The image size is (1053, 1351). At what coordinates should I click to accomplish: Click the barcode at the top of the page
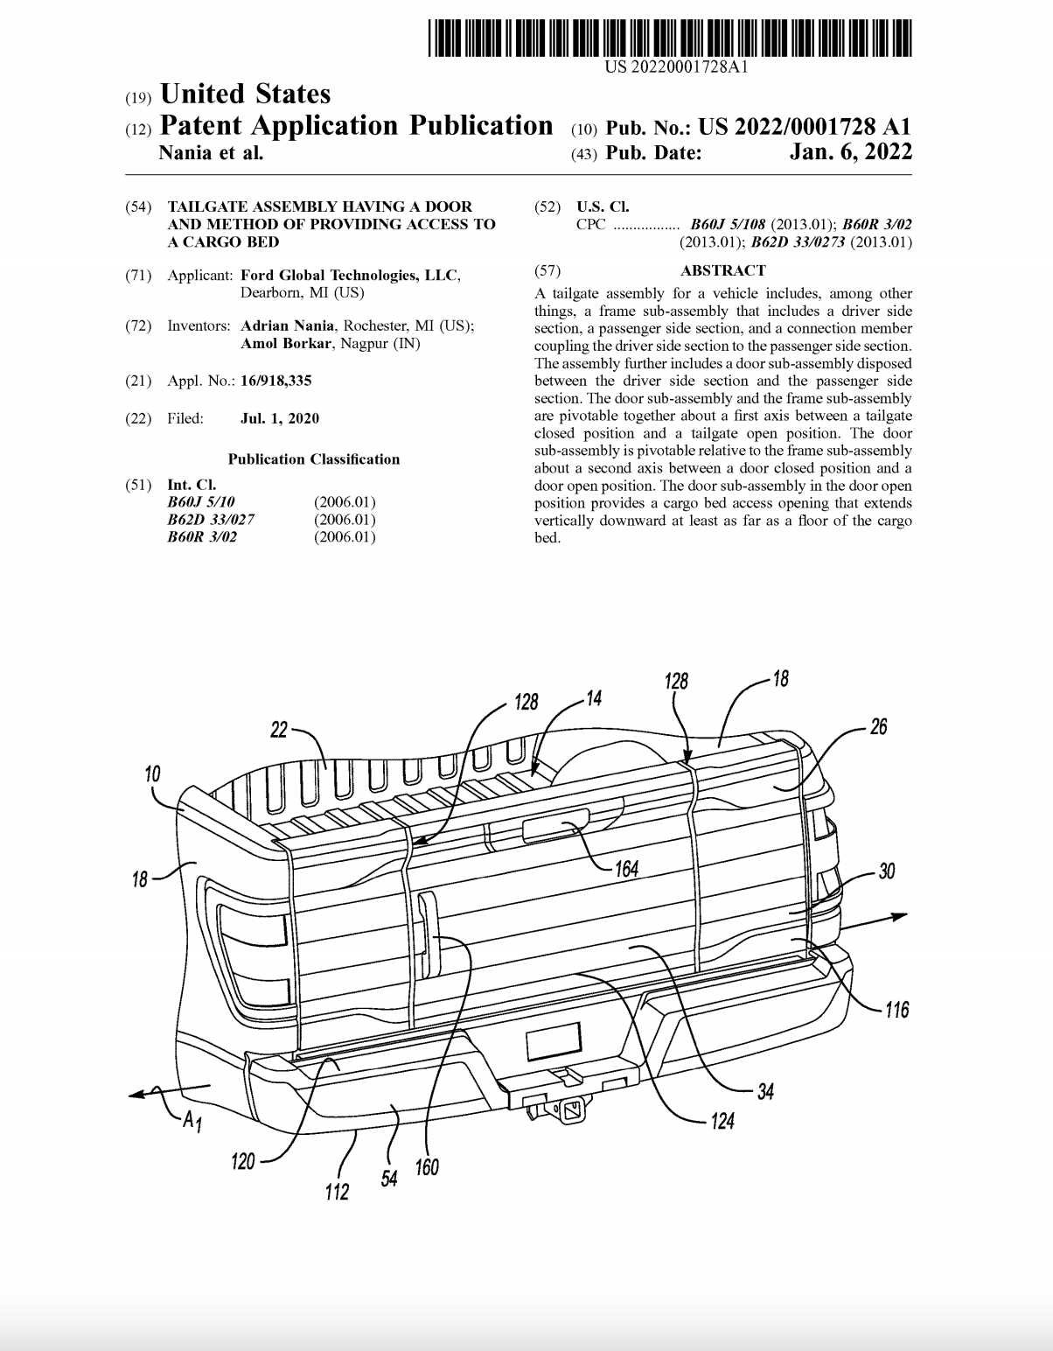coord(670,38)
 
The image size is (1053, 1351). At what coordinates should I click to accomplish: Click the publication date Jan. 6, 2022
coord(850,152)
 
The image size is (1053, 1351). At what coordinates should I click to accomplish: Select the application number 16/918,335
coord(276,381)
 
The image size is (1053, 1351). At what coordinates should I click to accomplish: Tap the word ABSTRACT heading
coord(722,270)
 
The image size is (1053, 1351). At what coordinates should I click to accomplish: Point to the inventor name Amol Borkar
coord(286,344)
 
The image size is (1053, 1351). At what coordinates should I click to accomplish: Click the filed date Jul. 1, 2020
coord(280,418)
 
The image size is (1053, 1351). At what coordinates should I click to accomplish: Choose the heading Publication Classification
coord(314,459)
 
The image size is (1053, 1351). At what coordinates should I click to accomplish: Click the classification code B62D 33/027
coord(211,520)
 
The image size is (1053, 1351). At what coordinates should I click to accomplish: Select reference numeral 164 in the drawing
coord(626,869)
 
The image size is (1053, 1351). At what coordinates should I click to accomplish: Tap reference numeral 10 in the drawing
coord(153,773)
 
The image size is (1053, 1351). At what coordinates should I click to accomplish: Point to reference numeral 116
coord(896,1011)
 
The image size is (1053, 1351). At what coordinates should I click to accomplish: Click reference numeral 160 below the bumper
coord(427,1167)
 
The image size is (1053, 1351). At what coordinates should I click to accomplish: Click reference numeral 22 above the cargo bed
coord(279,730)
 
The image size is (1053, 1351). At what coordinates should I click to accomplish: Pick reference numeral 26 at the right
coord(878,727)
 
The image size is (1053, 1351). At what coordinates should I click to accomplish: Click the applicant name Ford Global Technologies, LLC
coord(351,276)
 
